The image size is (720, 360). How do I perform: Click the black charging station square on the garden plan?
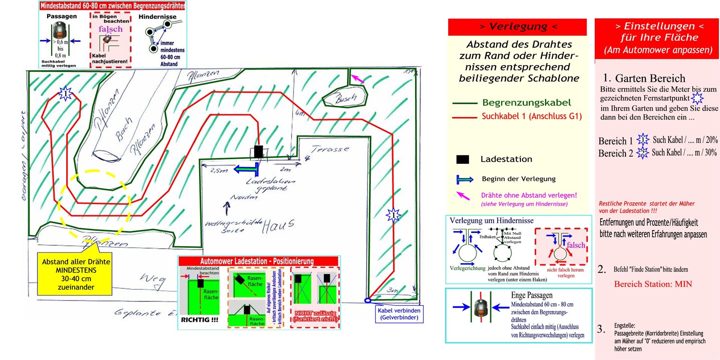click(258, 151)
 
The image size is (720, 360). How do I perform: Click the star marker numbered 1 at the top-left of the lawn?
click(65, 93)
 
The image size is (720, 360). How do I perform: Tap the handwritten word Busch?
click(346, 99)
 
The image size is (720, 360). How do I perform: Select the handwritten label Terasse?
click(330, 149)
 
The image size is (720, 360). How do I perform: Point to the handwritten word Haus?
click(278, 226)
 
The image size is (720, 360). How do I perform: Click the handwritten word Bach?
click(124, 129)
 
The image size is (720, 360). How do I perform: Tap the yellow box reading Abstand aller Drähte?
click(76, 274)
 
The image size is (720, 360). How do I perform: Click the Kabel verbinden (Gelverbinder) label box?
click(399, 314)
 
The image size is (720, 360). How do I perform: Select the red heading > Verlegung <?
click(517, 27)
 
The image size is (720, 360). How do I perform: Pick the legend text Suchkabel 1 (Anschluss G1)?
click(531, 116)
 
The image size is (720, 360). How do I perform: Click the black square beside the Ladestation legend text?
click(462, 159)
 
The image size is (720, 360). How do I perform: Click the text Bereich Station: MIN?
click(653, 284)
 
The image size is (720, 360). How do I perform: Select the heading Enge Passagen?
click(531, 295)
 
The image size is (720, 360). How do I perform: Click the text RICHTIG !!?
click(199, 320)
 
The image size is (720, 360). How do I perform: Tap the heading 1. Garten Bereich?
click(644, 78)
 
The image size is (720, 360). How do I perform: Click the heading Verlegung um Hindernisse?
click(491, 220)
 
